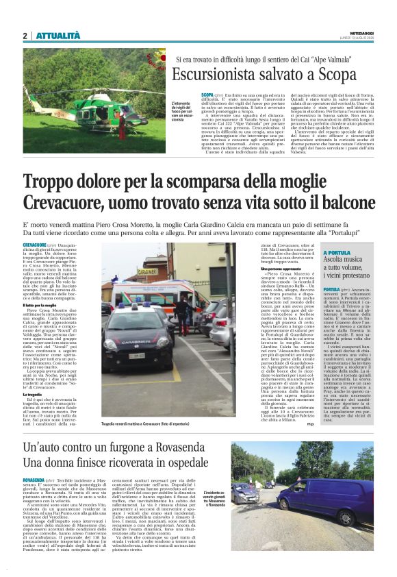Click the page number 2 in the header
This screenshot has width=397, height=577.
click(25, 36)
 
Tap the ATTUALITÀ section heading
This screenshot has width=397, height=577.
click(57, 36)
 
